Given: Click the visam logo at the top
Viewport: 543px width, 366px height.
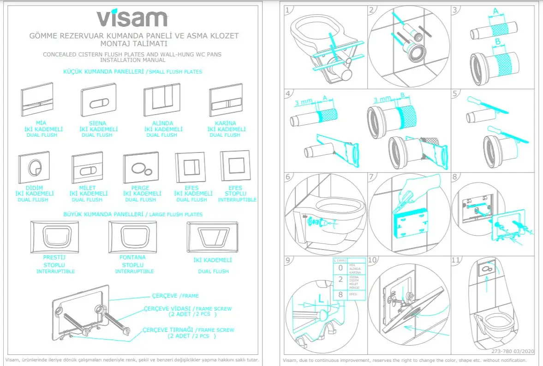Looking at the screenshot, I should pos(132,18).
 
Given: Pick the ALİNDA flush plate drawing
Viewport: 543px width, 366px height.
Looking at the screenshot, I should pos(162,102).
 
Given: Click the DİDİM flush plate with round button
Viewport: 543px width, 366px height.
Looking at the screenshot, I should pos(34,167).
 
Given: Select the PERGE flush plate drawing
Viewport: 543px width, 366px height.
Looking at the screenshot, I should pos(140,168).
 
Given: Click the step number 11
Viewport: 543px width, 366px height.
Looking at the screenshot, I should pos(456,260).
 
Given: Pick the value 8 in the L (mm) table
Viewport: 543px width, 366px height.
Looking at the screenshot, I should pos(340,294).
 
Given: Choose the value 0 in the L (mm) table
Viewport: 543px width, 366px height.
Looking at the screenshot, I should pos(340,268).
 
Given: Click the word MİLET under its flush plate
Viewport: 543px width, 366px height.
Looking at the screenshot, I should pos(88,188).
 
